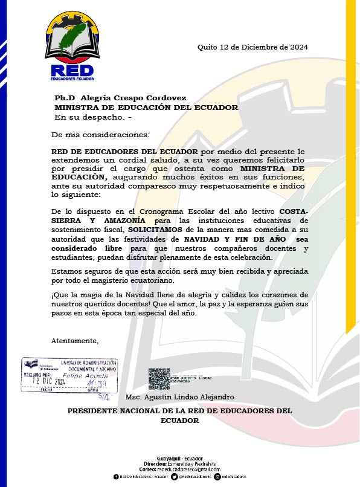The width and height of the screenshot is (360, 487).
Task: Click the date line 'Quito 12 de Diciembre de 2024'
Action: (253, 47)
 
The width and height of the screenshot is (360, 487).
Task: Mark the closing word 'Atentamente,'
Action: (75, 341)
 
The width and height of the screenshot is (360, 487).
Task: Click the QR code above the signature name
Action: (159, 378)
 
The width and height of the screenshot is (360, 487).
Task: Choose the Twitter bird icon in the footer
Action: (174, 477)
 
